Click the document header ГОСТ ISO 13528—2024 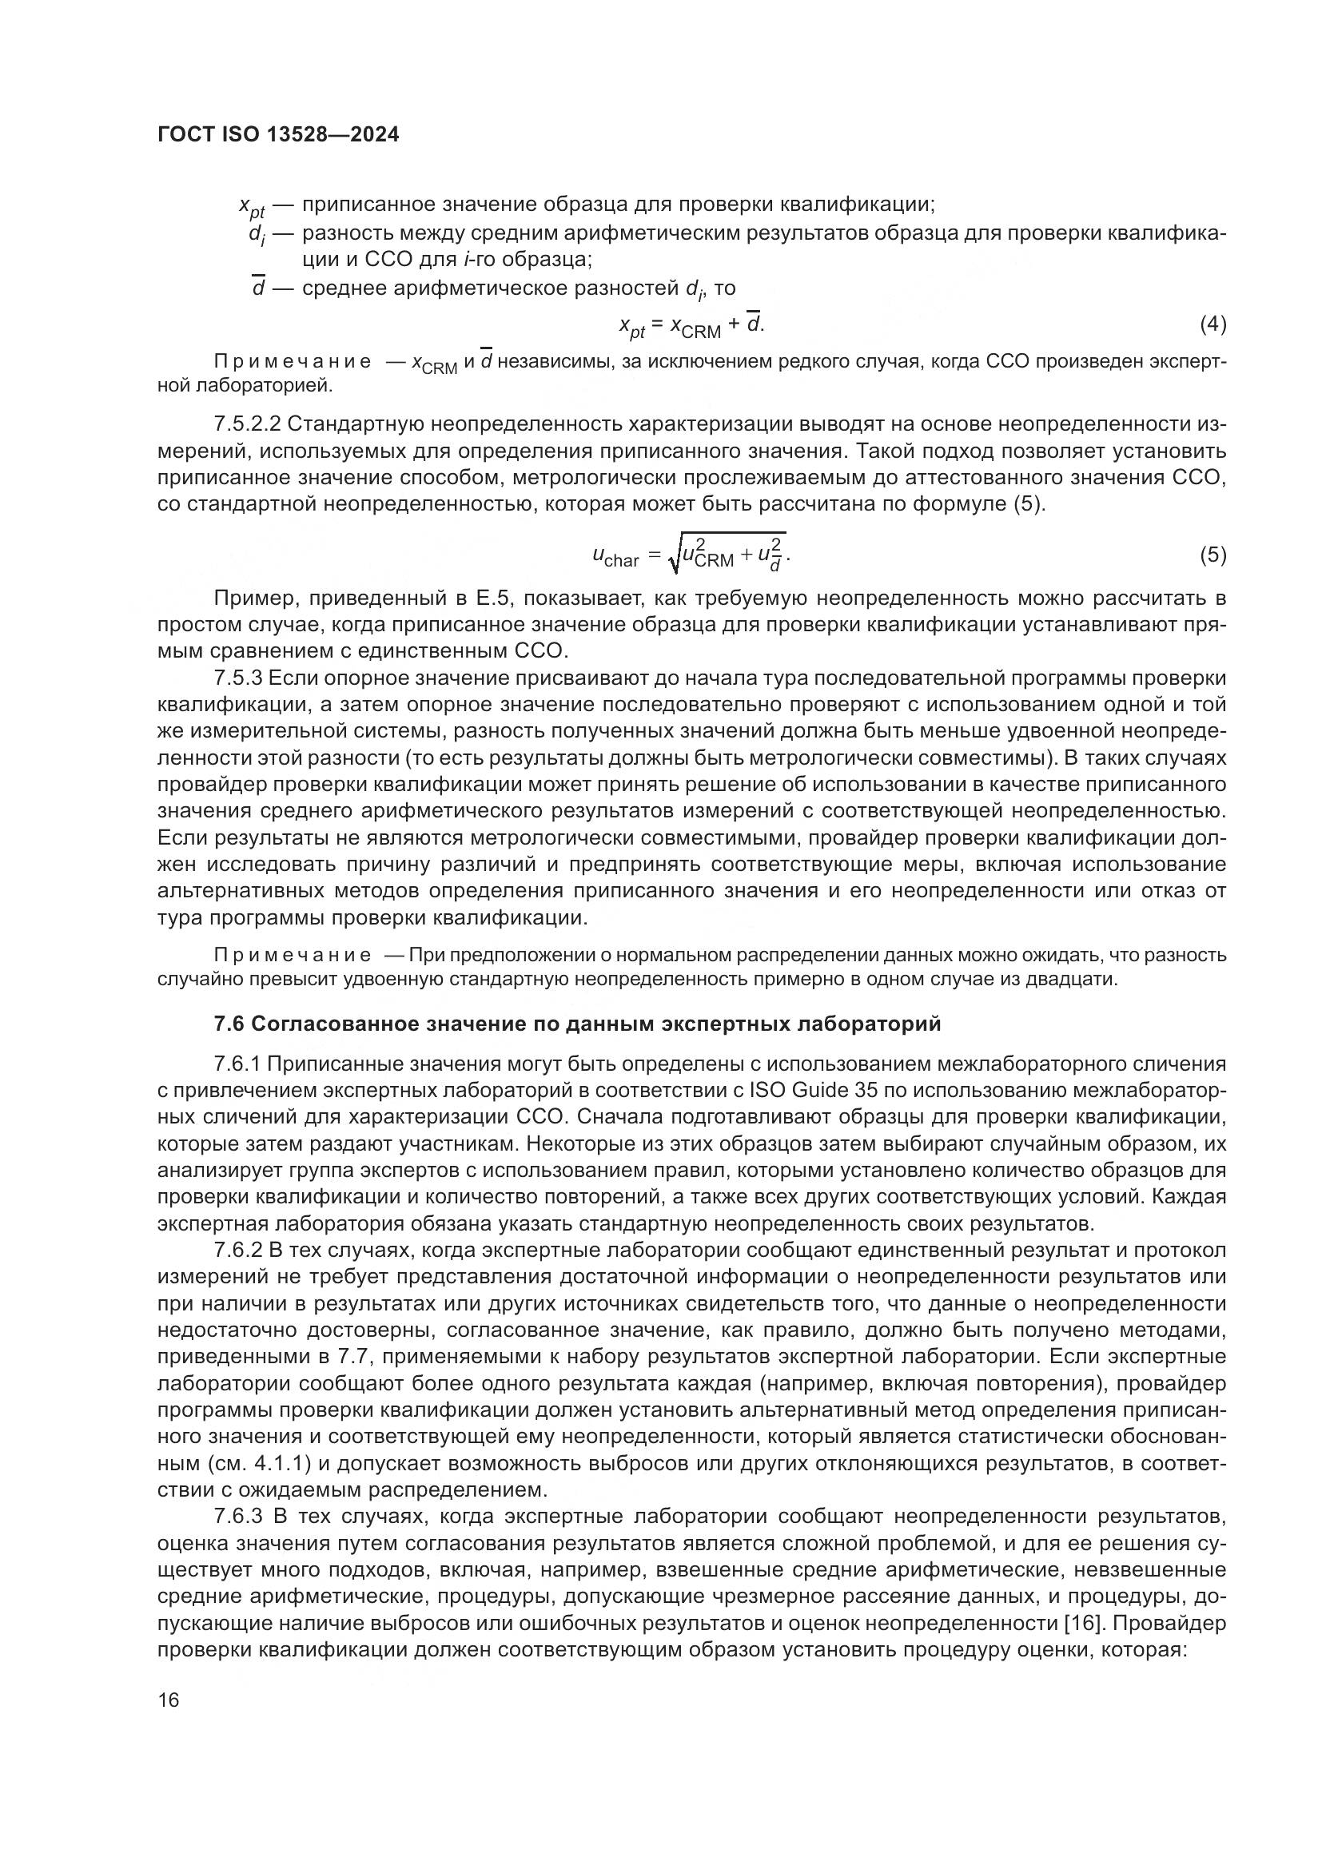tap(277, 135)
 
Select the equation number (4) tap(1213, 324)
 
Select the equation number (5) tap(1213, 555)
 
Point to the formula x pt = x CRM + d tap(692, 325)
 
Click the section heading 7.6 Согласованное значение tap(577, 1024)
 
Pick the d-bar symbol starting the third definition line tap(259, 288)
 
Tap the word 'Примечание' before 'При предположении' tap(293, 955)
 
